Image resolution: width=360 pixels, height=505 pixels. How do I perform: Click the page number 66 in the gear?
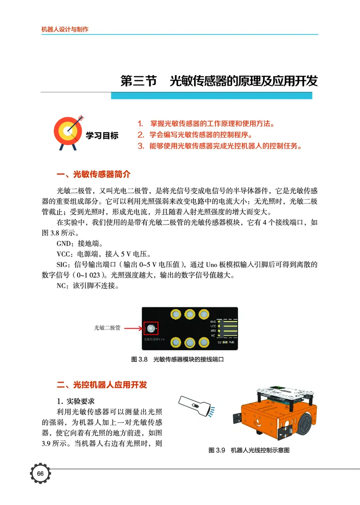pos(40,474)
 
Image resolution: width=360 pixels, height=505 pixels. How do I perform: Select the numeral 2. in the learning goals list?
pos(140,135)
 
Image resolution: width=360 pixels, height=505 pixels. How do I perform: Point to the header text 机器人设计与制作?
pos(64,29)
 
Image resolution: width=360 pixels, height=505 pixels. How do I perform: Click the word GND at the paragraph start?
pos(64,243)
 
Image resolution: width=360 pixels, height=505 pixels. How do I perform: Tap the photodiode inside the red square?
pos(151,328)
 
